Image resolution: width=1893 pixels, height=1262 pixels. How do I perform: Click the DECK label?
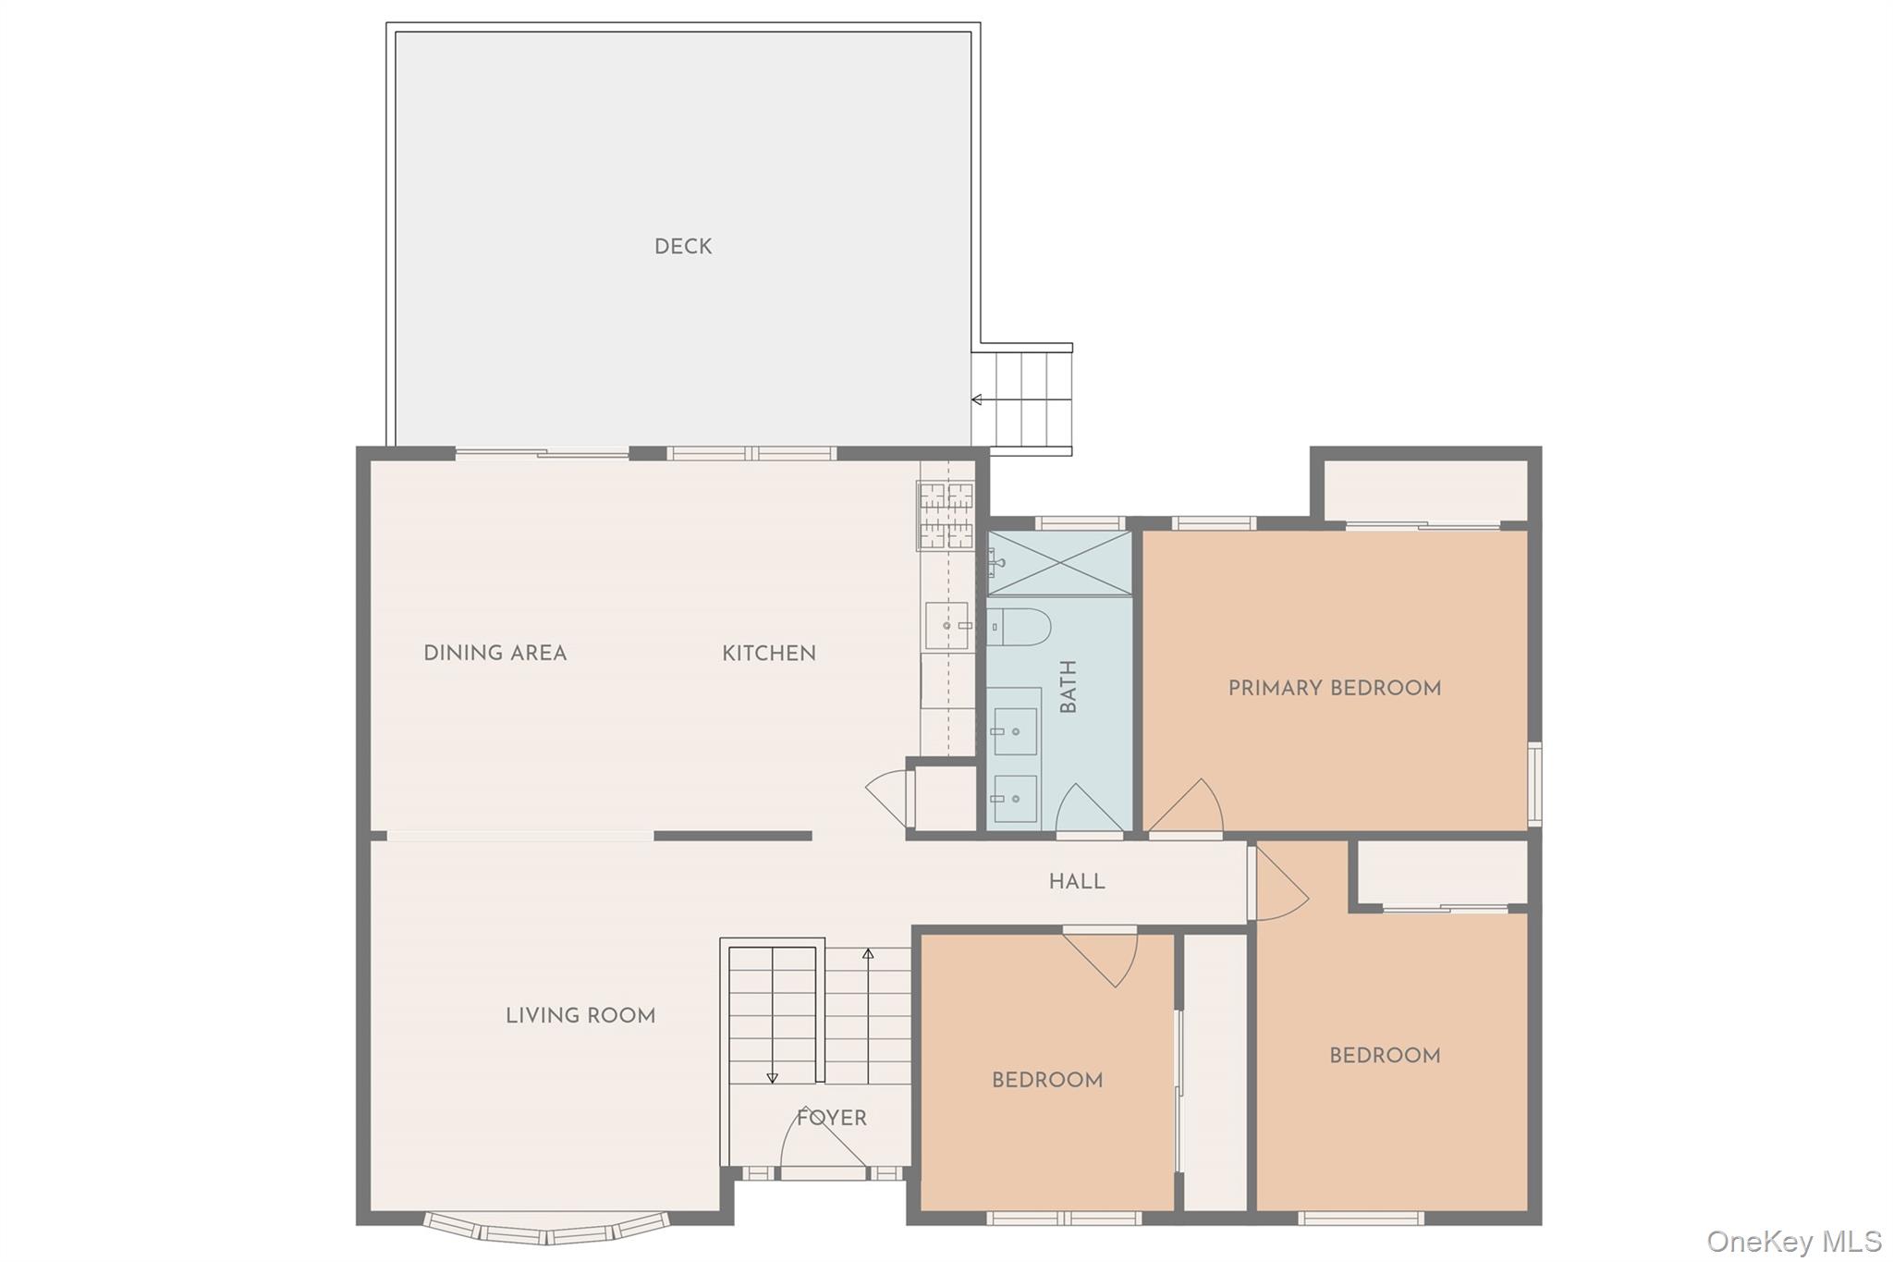683,247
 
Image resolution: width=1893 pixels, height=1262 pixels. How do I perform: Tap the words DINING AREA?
495,654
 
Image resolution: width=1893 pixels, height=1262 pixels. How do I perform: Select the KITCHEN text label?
769,654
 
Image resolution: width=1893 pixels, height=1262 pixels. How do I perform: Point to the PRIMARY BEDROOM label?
1335,688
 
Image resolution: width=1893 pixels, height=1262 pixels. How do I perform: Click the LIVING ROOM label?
580,1016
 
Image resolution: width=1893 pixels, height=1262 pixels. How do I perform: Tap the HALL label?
1077,882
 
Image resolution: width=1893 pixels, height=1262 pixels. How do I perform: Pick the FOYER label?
832,1119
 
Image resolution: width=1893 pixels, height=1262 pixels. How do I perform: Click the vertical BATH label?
1069,687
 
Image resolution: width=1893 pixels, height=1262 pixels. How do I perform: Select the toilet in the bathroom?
1019,627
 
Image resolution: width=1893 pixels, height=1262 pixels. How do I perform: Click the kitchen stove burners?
946,516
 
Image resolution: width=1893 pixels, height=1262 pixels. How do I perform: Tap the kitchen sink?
947,626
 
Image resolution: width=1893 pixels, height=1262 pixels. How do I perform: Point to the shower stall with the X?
1059,563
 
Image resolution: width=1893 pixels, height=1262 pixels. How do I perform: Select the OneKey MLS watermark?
1794,1241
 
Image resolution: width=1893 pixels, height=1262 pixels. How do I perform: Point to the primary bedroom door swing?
1188,806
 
